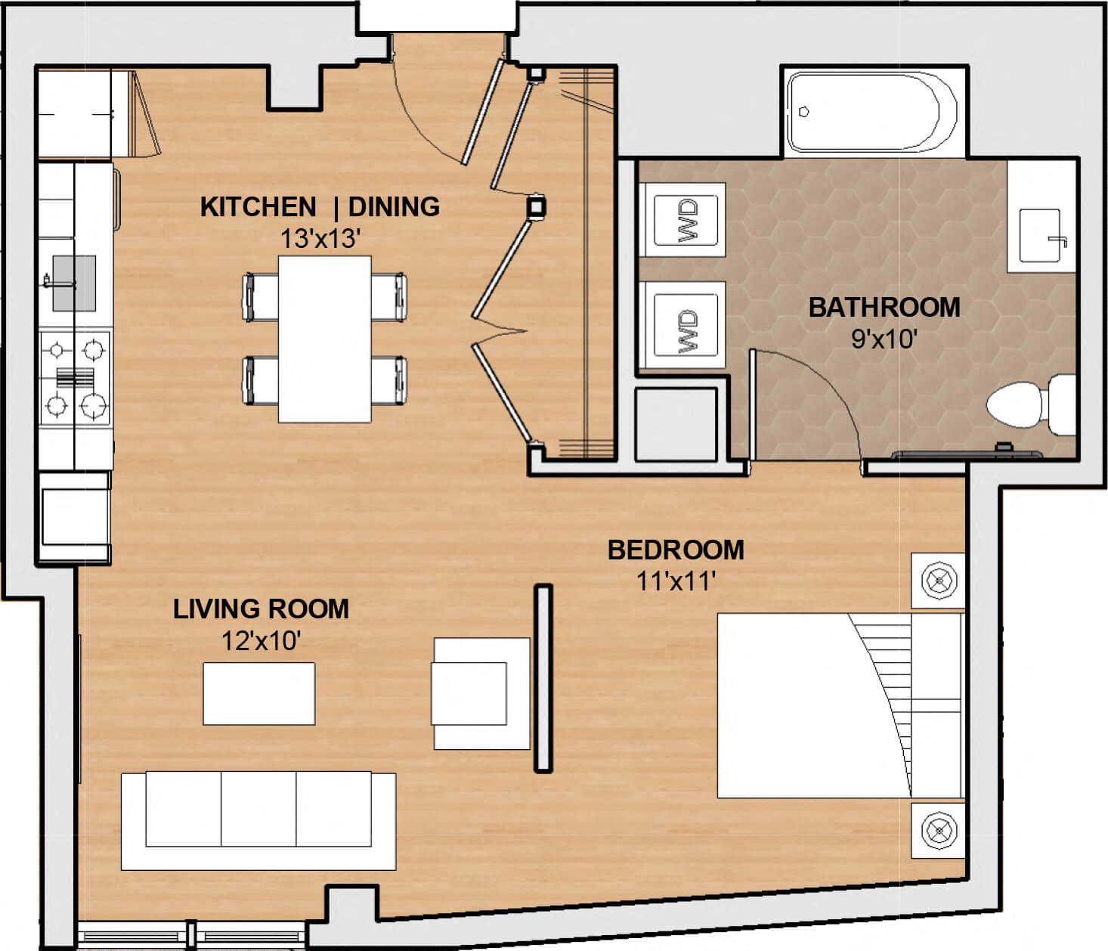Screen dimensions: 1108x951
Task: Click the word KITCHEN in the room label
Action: pyautogui.click(x=258, y=207)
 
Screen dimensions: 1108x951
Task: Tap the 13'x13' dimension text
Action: pyautogui.click(x=320, y=239)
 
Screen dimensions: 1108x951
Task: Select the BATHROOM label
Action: pyautogui.click(x=884, y=307)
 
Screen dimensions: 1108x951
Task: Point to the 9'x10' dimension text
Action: pyautogui.click(x=884, y=339)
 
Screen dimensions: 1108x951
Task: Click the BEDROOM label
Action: pyautogui.click(x=676, y=550)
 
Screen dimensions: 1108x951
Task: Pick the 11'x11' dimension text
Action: pyautogui.click(x=676, y=581)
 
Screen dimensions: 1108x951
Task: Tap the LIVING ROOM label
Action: pyautogui.click(x=261, y=609)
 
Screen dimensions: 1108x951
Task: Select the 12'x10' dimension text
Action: pyautogui.click(x=261, y=640)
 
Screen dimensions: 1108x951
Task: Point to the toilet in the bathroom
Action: pyautogui.click(x=1031, y=404)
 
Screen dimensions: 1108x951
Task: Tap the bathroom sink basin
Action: pyautogui.click(x=1040, y=236)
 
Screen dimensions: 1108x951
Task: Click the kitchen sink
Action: pyautogui.click(x=74, y=283)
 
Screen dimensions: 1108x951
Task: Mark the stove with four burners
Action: pyautogui.click(x=75, y=379)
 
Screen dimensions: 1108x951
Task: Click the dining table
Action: pyautogui.click(x=325, y=339)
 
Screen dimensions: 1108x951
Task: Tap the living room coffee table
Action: pyautogui.click(x=259, y=694)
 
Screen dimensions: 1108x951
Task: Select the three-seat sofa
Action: pyautogui.click(x=258, y=821)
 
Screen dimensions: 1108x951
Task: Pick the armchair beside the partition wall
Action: pyautogui.click(x=481, y=694)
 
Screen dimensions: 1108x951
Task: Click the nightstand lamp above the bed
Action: pyautogui.click(x=939, y=581)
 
